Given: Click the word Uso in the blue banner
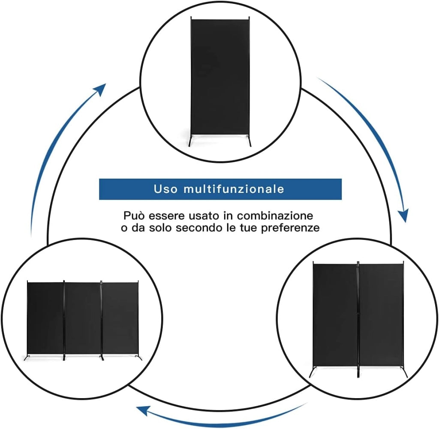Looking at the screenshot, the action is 165,189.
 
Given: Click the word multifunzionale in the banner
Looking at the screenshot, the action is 234,189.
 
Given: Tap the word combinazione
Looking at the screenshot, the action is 275,216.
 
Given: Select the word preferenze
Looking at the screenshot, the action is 290,228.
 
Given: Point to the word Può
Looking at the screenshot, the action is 135,216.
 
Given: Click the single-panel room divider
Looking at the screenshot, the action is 220,81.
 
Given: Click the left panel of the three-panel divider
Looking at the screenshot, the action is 45,318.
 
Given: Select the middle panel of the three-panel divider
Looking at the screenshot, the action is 83,318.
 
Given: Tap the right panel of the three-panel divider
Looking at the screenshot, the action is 120,318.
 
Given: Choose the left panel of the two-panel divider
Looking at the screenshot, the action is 335,315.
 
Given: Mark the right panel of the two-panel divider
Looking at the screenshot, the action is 381,315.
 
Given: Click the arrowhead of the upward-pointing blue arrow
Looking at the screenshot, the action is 100,89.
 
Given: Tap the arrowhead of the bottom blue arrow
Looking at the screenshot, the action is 143,410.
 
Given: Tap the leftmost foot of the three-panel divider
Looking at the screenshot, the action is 26,357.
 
